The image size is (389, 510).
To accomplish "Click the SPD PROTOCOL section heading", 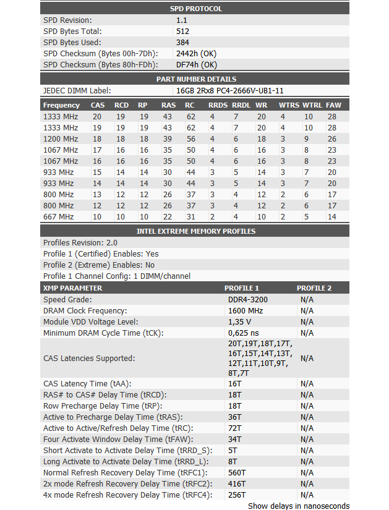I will click(195, 9).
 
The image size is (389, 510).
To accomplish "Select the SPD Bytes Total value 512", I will click(182, 31).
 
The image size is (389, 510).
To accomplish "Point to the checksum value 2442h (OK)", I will click(196, 53).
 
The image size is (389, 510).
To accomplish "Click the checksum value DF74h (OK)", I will click(196, 64).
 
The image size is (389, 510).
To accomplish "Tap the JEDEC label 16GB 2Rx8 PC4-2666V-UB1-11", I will click(230, 90).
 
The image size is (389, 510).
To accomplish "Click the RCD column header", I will click(121, 105).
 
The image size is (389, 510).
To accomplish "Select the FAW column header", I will click(333, 105).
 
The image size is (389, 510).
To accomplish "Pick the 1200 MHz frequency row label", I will click(61, 138).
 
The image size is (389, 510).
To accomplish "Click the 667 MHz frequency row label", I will click(58, 216).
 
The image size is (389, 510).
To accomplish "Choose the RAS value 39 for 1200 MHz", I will click(167, 138).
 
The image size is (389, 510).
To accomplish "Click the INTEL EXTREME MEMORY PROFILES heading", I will click(195, 231).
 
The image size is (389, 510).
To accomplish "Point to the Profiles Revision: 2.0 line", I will click(80, 243).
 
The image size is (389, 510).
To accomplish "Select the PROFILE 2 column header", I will click(314, 288).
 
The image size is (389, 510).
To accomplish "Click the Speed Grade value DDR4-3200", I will click(249, 299).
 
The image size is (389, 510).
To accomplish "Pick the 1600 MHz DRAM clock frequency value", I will click(246, 310).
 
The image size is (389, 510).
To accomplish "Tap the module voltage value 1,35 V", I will click(240, 321).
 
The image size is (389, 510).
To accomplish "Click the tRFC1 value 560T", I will click(237, 472).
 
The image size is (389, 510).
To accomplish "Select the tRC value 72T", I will click(235, 428).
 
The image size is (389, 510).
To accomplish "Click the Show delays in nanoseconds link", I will click(299, 506).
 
